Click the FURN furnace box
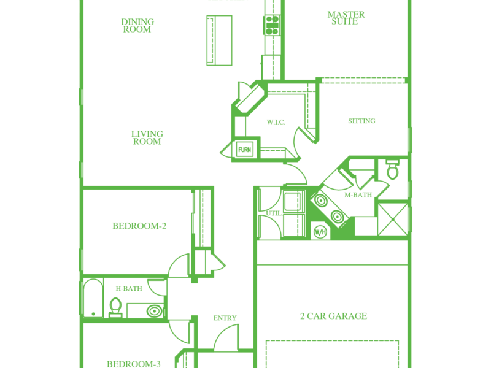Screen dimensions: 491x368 (244, 150)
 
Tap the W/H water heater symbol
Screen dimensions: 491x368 (320, 231)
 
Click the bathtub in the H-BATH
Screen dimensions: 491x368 (93, 298)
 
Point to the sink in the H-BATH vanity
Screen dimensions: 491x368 (155, 311)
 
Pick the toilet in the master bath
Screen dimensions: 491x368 (392, 169)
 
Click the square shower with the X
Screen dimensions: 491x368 (393, 220)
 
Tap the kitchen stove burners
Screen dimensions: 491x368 (272, 25)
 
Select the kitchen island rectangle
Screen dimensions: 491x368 (219, 40)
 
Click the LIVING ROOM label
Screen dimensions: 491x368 (147, 137)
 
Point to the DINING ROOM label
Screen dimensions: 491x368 (137, 26)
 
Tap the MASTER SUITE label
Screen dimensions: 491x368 (346, 18)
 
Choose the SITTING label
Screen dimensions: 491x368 (361, 121)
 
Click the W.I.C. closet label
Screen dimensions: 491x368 (276, 122)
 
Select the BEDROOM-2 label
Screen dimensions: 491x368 (139, 226)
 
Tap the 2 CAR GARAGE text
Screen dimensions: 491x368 (333, 316)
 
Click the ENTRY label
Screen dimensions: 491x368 (225, 318)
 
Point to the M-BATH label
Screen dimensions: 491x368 (358, 195)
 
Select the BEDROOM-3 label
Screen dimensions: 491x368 (134, 364)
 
